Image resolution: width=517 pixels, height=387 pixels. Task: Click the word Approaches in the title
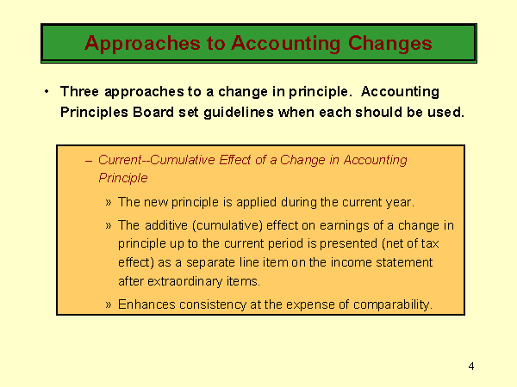(x=142, y=44)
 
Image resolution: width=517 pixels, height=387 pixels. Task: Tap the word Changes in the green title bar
(x=390, y=44)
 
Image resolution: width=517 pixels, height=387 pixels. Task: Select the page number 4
(x=471, y=366)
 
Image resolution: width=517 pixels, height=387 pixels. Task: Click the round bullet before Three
(x=47, y=91)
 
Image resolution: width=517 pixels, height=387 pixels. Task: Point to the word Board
(x=153, y=112)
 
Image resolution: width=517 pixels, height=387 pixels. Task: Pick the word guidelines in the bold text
(x=239, y=113)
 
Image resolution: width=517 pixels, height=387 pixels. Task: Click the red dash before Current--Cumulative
(x=89, y=161)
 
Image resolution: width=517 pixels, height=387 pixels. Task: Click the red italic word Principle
(x=123, y=178)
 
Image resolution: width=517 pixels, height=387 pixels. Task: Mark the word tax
(x=430, y=244)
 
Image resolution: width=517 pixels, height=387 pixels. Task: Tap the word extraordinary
(x=185, y=282)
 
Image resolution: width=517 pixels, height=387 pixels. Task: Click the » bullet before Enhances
(x=109, y=304)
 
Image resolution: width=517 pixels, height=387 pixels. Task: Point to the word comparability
(x=393, y=305)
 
